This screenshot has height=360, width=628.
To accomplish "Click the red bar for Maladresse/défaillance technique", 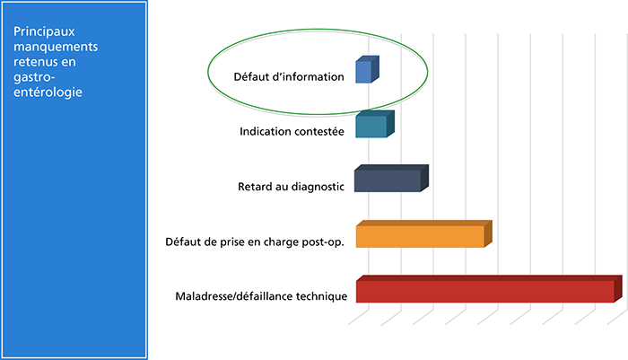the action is (489, 289).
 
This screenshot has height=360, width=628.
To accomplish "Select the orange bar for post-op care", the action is (423, 234).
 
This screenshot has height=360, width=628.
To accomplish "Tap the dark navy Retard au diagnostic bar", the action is (391, 179).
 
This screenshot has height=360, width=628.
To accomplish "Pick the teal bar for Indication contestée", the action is (375, 124).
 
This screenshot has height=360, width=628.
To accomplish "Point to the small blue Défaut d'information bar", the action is (367, 70).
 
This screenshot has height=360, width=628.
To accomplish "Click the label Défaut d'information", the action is (289, 76).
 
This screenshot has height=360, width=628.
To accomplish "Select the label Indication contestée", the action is (292, 131).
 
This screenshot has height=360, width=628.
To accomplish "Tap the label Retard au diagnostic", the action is (291, 187).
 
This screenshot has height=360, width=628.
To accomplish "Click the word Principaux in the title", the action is (44, 31).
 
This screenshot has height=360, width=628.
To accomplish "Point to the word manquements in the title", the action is (56, 47).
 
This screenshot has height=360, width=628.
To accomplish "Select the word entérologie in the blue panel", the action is (48, 92).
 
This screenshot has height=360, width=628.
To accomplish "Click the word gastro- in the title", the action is (34, 77).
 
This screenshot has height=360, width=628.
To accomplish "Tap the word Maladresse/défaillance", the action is (234, 296).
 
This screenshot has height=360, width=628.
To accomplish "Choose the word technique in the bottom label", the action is (321, 296).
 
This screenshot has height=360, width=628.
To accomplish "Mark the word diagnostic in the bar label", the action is (318, 187).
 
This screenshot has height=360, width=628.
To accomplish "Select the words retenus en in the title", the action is (45, 62).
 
